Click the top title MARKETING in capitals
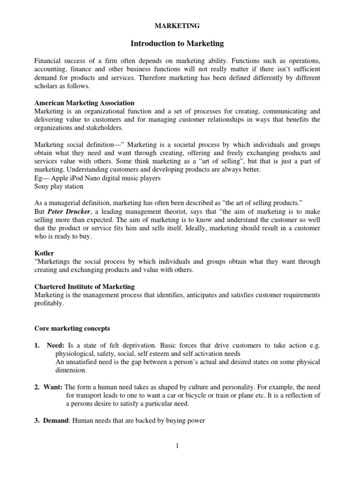click(180, 26)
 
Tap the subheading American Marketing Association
click(84, 103)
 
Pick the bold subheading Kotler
click(44, 253)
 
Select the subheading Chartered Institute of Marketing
click(84, 286)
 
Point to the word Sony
click(42, 186)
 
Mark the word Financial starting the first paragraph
click(49, 61)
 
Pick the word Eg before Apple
click(39, 178)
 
